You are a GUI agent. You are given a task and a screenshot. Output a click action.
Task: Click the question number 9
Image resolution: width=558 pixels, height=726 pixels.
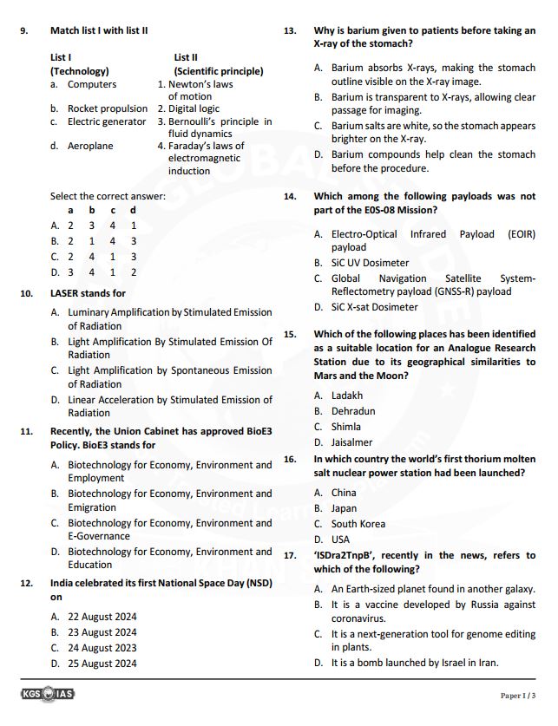pyautogui.click(x=24, y=30)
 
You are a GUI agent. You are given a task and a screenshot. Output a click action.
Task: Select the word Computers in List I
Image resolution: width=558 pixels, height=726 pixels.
pyautogui.click(x=91, y=84)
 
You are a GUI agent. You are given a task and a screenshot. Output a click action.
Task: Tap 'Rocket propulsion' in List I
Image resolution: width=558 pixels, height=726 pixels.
pyautogui.click(x=108, y=108)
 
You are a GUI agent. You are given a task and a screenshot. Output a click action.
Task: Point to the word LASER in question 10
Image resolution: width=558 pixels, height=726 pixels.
pyautogui.click(x=65, y=293)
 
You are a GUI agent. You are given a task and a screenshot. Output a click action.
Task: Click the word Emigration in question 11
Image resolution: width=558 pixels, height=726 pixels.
pyautogui.click(x=92, y=507)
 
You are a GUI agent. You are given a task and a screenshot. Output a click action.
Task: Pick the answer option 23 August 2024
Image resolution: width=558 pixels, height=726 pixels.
pyautogui.click(x=102, y=632)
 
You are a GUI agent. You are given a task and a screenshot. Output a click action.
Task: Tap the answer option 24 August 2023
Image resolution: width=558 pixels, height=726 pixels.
pyautogui.click(x=102, y=648)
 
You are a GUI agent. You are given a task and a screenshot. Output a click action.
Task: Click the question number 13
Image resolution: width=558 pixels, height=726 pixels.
pyautogui.click(x=291, y=30)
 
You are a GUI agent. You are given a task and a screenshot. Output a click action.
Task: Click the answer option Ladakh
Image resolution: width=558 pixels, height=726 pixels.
pyautogui.click(x=347, y=396)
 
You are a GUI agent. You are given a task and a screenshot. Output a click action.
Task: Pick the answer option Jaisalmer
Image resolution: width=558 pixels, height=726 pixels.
pyautogui.click(x=351, y=442)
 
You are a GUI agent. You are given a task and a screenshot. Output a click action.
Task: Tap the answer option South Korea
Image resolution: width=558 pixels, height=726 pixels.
pyautogui.click(x=358, y=524)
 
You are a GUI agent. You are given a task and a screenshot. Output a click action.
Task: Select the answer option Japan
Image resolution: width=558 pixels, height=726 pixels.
pyautogui.click(x=344, y=508)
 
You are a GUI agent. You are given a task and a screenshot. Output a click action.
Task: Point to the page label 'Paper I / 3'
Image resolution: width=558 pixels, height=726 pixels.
pyautogui.click(x=518, y=696)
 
